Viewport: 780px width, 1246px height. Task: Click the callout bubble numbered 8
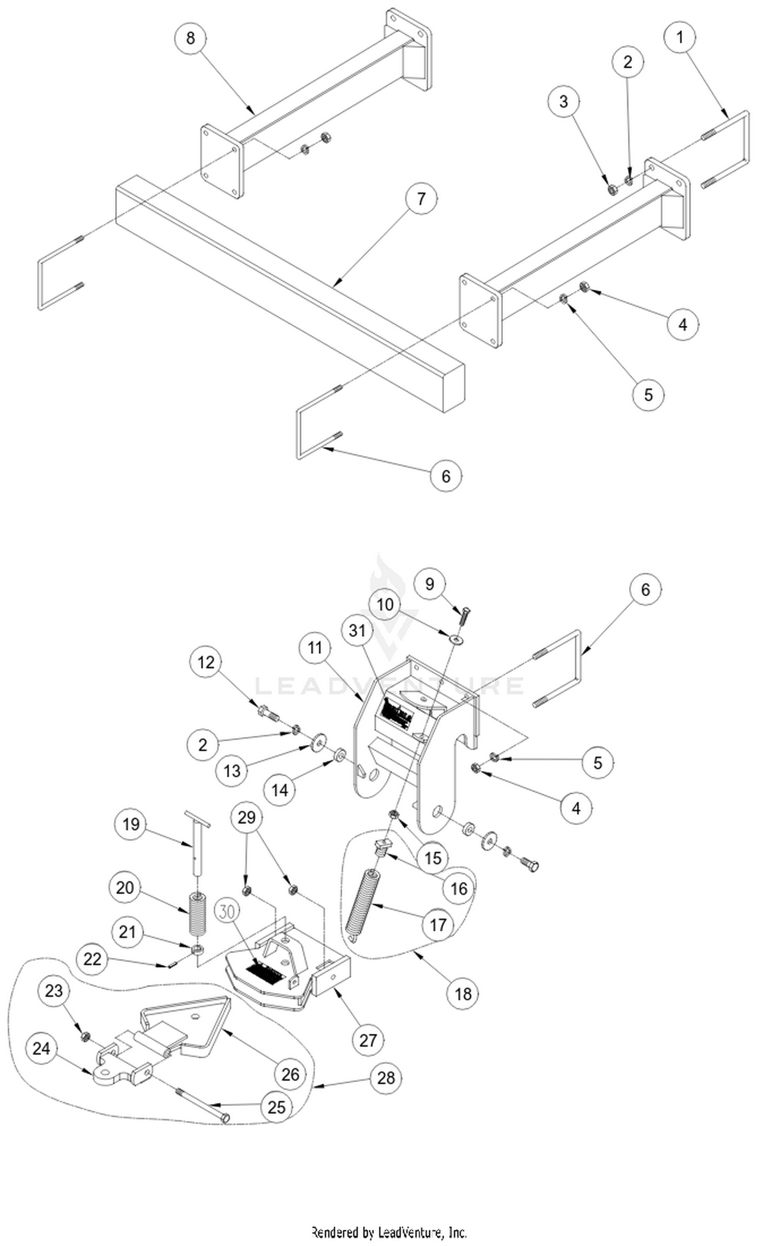click(x=190, y=38)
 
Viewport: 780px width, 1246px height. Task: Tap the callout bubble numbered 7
click(x=421, y=199)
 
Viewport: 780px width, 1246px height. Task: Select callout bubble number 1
click(x=680, y=37)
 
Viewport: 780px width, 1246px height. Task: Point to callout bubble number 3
click(x=564, y=101)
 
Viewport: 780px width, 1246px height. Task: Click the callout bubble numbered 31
click(x=357, y=631)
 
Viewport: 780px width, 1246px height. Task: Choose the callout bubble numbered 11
click(x=315, y=648)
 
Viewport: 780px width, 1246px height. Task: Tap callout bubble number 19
click(x=131, y=824)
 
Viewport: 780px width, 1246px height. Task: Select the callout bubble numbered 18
click(x=462, y=994)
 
